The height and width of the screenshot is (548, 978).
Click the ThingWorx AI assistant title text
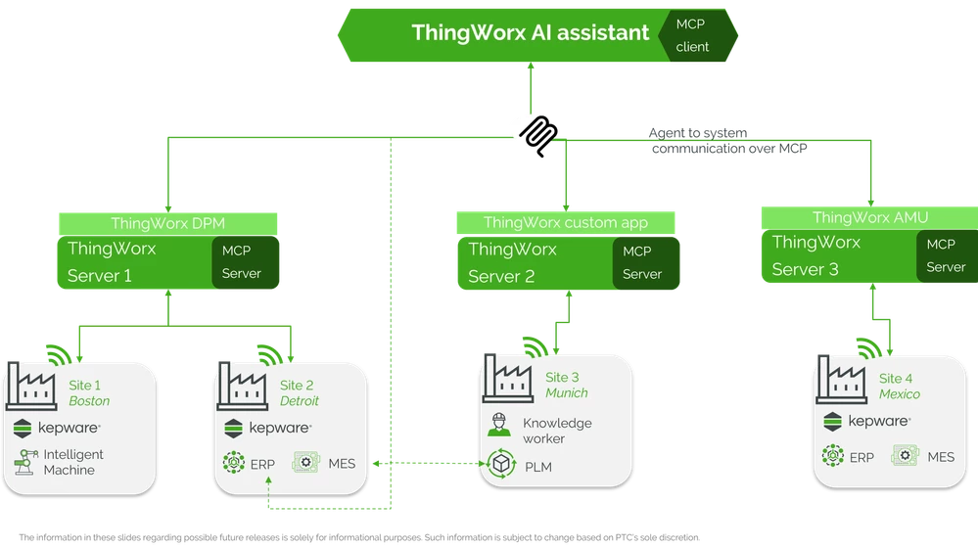[530, 32]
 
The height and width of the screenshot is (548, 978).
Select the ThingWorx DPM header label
[168, 223]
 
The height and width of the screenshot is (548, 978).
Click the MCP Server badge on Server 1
[241, 262]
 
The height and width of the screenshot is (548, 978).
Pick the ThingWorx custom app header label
[565, 223]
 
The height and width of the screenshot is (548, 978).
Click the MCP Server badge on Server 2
[642, 263]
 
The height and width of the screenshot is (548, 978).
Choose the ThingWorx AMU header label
[870, 217]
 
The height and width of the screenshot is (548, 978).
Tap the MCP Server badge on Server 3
[946, 255]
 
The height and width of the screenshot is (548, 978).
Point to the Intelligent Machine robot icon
[25, 462]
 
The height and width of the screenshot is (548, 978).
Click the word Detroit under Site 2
[299, 401]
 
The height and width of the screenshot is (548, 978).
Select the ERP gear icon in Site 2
[234, 462]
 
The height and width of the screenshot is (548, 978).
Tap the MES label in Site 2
[342, 463]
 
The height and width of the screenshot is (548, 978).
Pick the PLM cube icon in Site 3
[502, 464]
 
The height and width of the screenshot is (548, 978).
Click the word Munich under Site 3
[567, 392]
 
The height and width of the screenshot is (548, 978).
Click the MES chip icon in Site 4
[906, 456]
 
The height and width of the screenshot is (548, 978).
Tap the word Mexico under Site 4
[899, 394]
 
